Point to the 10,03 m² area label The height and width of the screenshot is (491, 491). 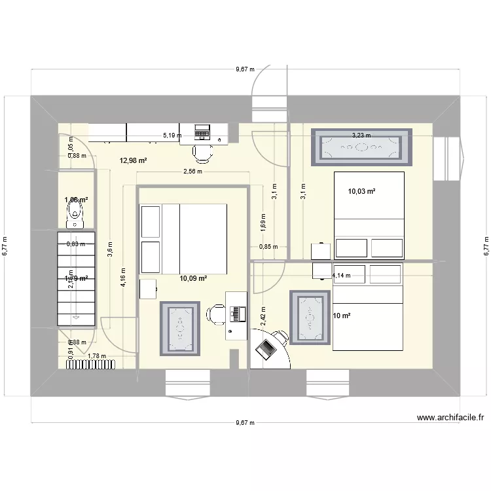click(361, 191)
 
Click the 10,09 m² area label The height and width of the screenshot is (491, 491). click(193, 278)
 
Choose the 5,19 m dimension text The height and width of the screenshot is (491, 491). click(173, 136)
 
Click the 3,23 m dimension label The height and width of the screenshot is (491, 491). click(361, 136)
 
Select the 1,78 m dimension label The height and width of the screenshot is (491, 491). click(96, 356)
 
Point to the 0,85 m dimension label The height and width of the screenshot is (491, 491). click(268, 247)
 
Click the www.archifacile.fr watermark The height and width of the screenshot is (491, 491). click(450, 418)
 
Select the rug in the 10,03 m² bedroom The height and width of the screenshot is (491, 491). click(361, 147)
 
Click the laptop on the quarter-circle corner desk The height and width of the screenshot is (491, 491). click(266, 350)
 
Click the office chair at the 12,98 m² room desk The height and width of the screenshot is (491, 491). click(202, 153)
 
